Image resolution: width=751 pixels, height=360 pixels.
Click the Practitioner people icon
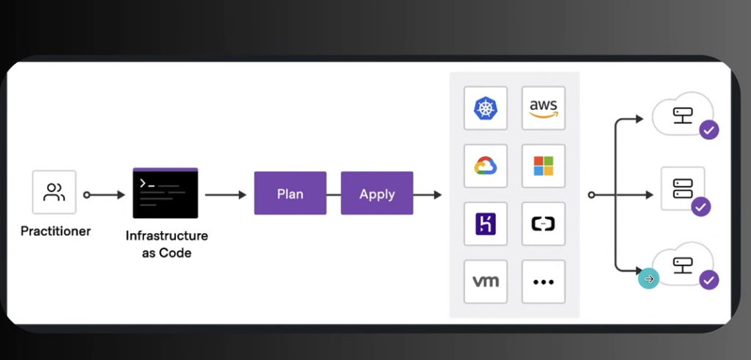click(54, 192)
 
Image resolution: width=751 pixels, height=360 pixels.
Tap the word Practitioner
click(56, 231)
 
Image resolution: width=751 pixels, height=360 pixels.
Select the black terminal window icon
click(165, 193)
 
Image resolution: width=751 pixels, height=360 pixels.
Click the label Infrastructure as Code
click(166, 244)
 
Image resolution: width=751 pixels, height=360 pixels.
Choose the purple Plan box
click(290, 193)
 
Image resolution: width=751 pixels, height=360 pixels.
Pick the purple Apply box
click(377, 193)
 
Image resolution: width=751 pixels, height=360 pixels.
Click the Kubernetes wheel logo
click(486, 108)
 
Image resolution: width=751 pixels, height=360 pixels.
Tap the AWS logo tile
click(543, 108)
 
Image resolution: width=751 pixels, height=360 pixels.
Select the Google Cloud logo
click(486, 166)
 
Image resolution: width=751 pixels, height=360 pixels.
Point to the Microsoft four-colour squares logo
click(543, 166)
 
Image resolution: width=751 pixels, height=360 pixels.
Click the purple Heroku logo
click(486, 224)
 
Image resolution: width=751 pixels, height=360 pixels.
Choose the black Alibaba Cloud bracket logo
click(543, 224)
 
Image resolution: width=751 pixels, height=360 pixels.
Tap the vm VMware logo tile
click(486, 282)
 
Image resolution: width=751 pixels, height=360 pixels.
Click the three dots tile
click(543, 282)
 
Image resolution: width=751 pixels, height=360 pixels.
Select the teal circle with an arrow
click(648, 279)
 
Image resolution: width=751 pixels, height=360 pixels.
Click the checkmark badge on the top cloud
click(709, 129)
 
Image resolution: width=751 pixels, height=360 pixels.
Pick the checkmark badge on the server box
click(700, 206)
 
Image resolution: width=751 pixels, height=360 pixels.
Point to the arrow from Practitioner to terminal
click(104, 195)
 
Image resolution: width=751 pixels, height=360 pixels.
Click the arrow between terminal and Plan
click(226, 195)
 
